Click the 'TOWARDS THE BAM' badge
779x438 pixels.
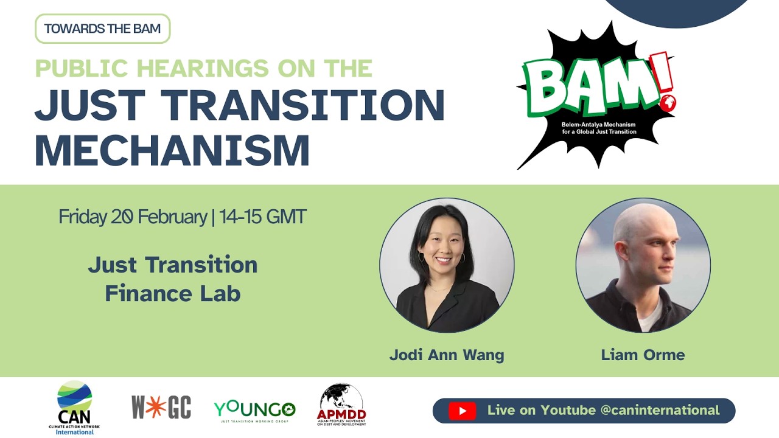[x=102, y=29]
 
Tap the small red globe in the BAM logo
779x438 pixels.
[x=669, y=103]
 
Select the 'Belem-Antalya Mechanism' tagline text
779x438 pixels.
[x=599, y=125]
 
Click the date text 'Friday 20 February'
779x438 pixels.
[x=133, y=217]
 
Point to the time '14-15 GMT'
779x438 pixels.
[x=263, y=217]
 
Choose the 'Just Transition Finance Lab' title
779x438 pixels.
[x=173, y=279]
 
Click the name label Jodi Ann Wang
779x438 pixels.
[x=447, y=355]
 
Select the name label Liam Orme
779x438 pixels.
[x=643, y=355]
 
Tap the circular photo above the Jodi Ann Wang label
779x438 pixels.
[x=447, y=265]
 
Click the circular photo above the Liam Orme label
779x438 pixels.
[x=643, y=265]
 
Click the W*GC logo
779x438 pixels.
[x=161, y=407]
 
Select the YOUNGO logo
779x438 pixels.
[x=254, y=410]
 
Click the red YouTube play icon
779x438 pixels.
[x=463, y=411]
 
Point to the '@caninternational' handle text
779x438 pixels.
[x=660, y=411]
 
